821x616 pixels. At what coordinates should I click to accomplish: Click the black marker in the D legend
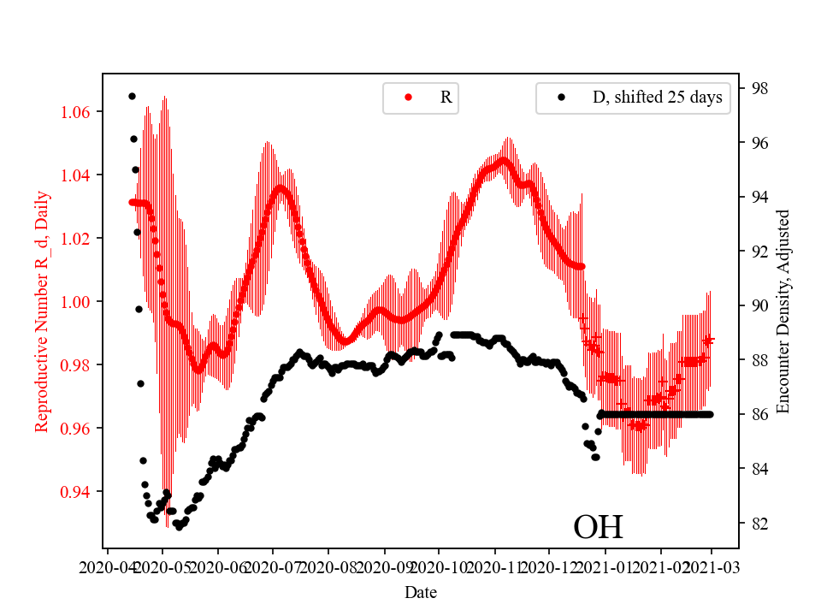pos(561,98)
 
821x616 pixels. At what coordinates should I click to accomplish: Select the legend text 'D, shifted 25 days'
pos(657,98)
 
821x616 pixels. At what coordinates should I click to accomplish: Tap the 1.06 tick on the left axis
pos(80,112)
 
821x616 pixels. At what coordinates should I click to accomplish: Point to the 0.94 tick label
pos(80,491)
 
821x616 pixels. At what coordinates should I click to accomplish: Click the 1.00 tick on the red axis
pos(80,301)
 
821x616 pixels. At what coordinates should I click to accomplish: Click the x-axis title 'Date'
pos(421,591)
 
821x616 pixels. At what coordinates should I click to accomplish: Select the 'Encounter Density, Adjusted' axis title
pos(783,311)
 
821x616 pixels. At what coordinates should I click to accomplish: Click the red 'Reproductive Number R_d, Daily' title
pos(42,311)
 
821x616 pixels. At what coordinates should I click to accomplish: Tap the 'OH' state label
pos(598,527)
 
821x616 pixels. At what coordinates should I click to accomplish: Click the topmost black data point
pos(132,96)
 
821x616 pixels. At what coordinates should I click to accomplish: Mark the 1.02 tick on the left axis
pos(80,238)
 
